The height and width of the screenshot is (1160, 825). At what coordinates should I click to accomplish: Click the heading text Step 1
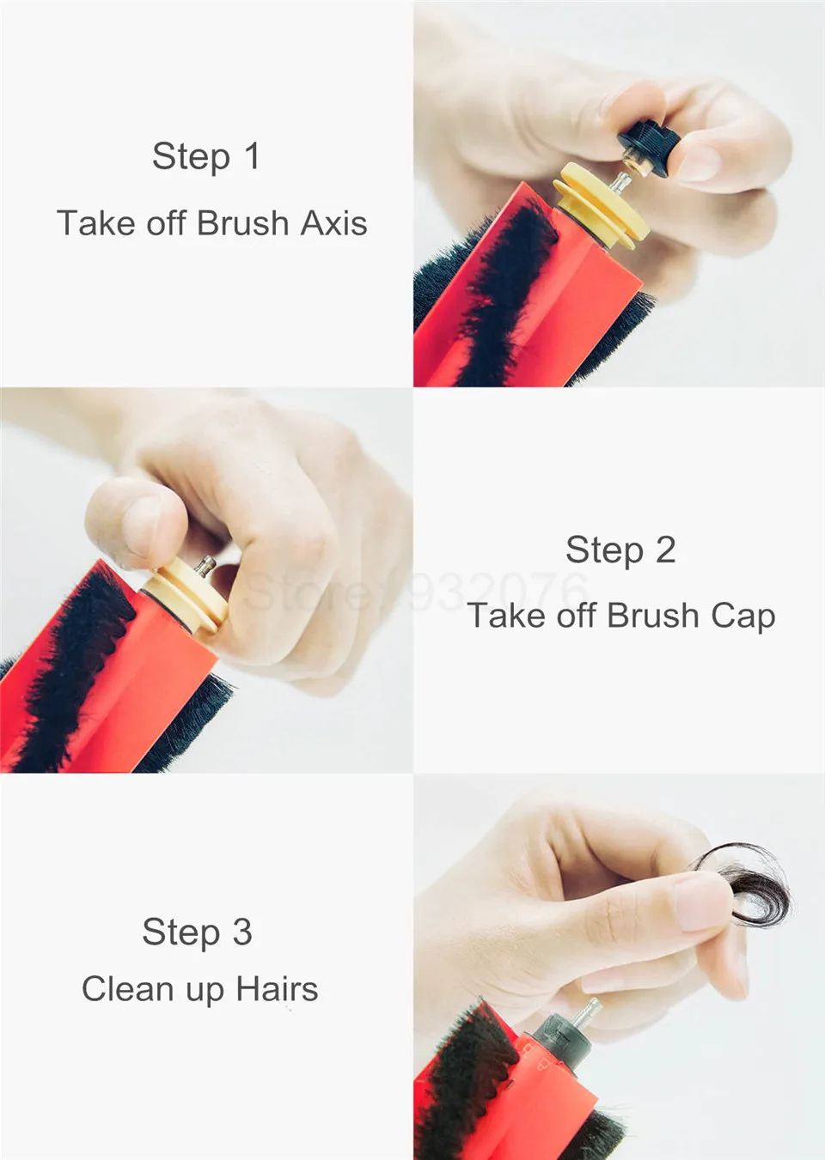(x=205, y=156)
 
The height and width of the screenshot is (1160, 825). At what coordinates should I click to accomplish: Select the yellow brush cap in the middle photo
(x=185, y=596)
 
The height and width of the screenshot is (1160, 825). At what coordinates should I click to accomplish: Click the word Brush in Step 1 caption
(x=242, y=223)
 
